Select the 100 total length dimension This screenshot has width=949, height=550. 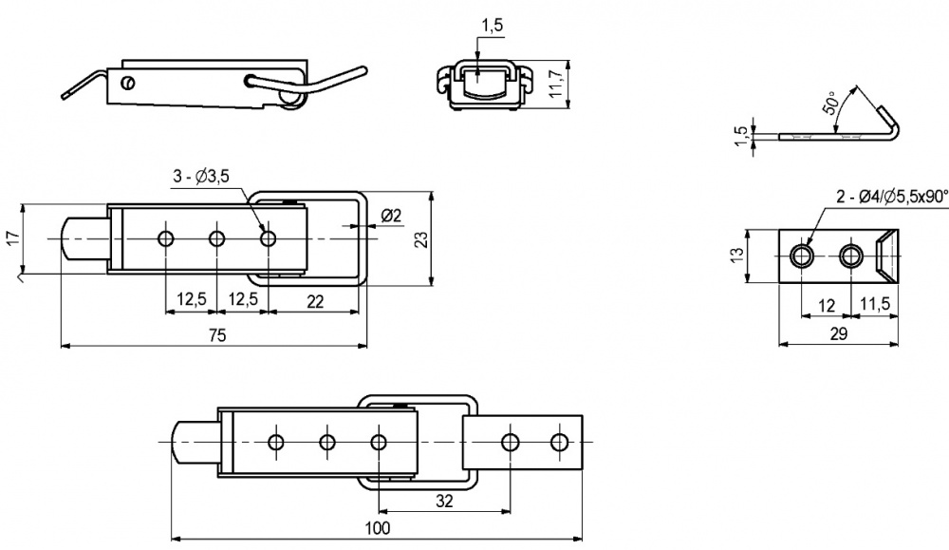tap(377, 528)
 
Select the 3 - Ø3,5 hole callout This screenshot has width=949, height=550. tap(201, 177)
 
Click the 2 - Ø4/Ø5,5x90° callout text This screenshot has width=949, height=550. tap(892, 197)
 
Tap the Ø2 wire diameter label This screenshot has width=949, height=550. tap(391, 216)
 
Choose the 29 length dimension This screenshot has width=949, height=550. tap(838, 334)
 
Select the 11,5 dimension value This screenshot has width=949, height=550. tap(876, 305)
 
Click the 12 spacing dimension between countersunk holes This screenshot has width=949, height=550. tap(827, 305)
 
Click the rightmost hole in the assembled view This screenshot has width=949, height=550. tap(560, 442)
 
